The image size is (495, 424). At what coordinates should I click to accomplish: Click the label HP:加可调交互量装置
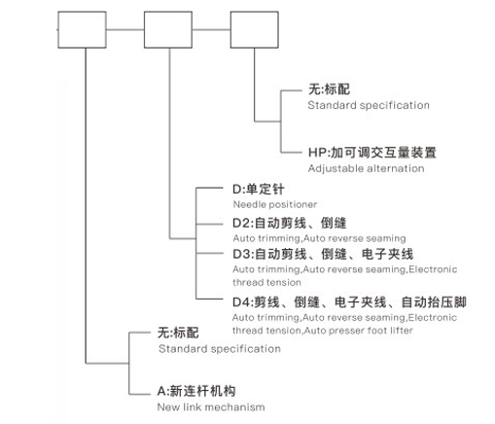[x=372, y=153]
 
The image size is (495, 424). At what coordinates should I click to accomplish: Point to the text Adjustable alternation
[x=366, y=168]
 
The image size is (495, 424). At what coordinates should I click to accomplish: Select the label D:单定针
[x=259, y=190]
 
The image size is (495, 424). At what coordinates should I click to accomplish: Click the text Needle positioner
[x=275, y=204]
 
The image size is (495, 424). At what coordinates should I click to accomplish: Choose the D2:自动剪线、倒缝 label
[x=290, y=223]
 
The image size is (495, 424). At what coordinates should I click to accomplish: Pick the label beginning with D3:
[x=323, y=254]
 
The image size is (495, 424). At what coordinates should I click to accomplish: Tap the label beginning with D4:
[x=349, y=302]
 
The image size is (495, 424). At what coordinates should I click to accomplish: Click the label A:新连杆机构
[x=196, y=391]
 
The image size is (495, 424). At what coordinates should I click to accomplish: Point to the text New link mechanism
[x=211, y=407]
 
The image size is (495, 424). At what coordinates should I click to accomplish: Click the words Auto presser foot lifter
[x=359, y=331]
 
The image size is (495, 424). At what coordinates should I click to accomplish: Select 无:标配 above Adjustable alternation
[x=329, y=89]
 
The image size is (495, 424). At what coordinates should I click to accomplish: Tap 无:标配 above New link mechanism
[x=178, y=333]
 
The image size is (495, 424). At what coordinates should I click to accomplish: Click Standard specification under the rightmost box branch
[x=369, y=105]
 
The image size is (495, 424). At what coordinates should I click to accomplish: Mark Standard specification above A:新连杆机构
[x=220, y=349]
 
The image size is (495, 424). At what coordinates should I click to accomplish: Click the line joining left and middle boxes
[x=125, y=30]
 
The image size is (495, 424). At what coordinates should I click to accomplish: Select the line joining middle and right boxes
[x=211, y=30]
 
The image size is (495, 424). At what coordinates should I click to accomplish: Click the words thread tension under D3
[x=266, y=282]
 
